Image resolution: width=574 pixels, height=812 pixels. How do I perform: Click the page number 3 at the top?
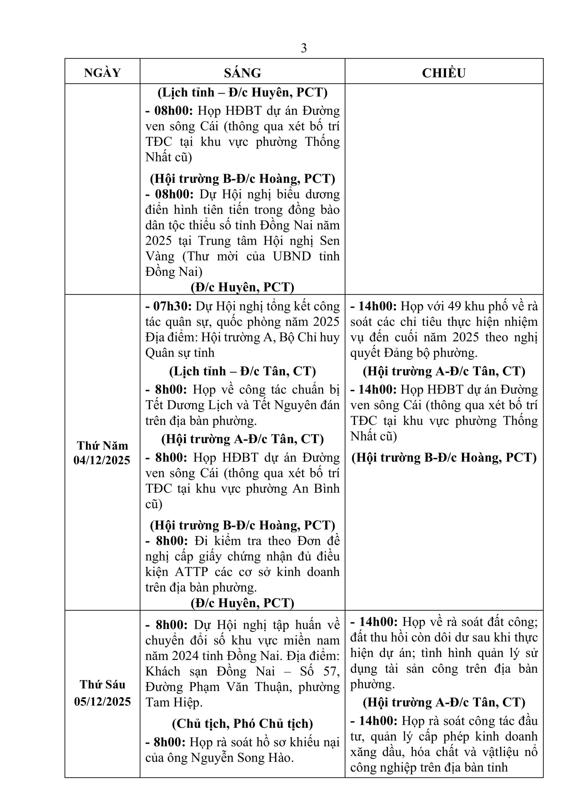(304, 48)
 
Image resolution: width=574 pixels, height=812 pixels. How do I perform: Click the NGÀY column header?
(103, 73)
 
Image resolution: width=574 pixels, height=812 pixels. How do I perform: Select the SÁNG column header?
(242, 73)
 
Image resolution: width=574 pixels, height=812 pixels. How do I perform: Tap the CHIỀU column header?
(444, 73)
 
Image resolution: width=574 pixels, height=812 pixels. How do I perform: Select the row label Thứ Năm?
(103, 445)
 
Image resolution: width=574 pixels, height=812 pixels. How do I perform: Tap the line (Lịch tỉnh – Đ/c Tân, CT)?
(242, 371)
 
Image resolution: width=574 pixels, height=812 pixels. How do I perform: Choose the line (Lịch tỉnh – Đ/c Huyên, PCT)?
(242, 92)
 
